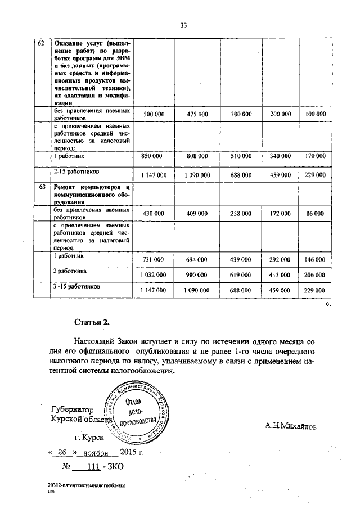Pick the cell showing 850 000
point(154,157)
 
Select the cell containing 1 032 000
point(154,274)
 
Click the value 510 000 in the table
point(241,157)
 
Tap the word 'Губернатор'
point(72,409)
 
